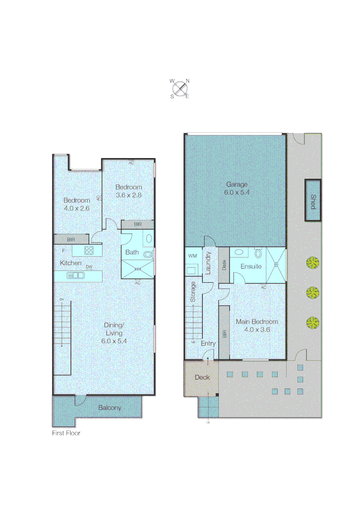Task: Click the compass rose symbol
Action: tap(179, 88)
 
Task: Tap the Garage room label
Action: tap(236, 184)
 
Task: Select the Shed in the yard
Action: tap(313, 201)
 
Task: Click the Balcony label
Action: tap(110, 408)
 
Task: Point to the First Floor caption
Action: tap(66, 433)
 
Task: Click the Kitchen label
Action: tap(71, 263)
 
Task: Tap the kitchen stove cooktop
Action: tap(89, 250)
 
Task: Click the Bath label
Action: tap(132, 253)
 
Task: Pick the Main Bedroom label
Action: tap(256, 322)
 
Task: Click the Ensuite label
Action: tap(251, 266)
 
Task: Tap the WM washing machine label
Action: tap(192, 256)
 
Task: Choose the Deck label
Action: tap(202, 377)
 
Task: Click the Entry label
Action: tap(208, 344)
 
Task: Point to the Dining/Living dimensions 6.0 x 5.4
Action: tap(114, 341)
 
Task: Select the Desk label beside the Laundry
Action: tap(224, 265)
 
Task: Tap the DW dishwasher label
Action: tap(88, 267)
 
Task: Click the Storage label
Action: tap(193, 292)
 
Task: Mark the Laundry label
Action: tap(208, 263)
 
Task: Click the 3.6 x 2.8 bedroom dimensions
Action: tap(128, 195)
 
